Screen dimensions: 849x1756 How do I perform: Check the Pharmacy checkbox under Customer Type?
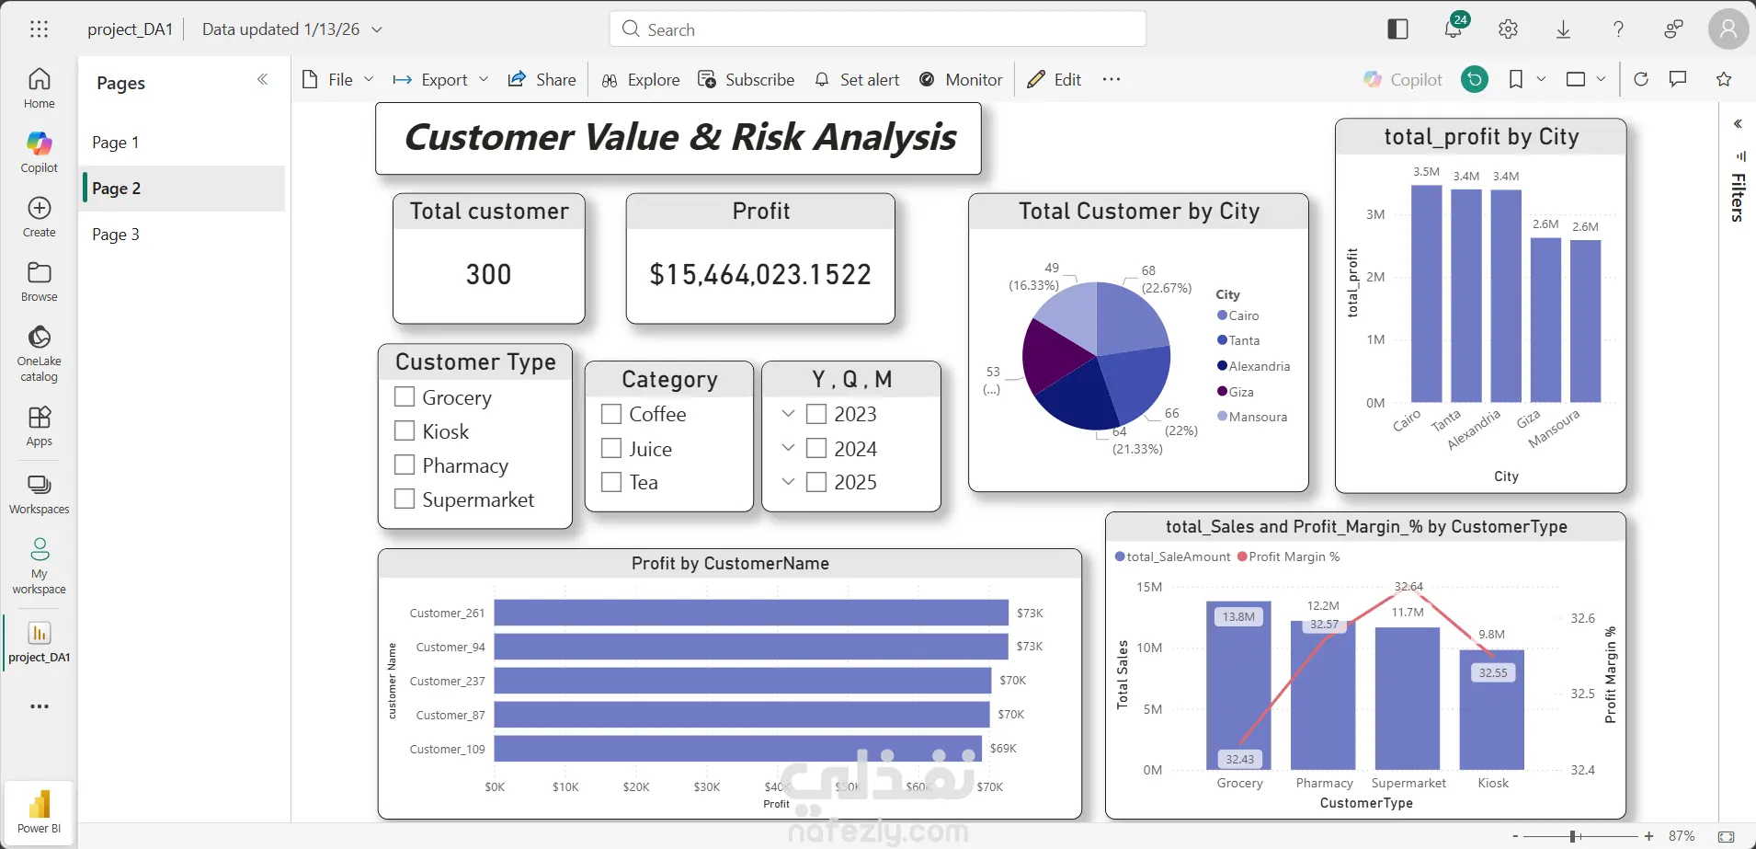coord(405,465)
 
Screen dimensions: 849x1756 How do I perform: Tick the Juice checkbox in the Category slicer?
coord(611,449)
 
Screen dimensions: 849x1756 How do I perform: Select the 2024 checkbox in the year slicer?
coord(816,449)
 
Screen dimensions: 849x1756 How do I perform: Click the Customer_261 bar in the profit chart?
coord(750,613)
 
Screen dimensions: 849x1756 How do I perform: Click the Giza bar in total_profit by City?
coord(1545,320)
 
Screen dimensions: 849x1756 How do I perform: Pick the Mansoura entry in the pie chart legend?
coord(1257,417)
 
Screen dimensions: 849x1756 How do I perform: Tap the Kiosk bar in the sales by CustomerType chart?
coord(1491,709)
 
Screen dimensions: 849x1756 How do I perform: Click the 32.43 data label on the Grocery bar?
coord(1239,759)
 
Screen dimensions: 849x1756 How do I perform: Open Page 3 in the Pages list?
coord(116,235)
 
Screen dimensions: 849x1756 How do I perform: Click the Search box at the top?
coord(877,29)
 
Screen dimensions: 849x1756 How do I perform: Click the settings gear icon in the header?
coord(1508,29)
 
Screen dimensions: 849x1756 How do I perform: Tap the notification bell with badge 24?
coord(1453,29)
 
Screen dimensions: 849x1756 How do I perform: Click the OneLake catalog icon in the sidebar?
coord(39,338)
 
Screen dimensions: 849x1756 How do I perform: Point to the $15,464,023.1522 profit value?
coord(759,274)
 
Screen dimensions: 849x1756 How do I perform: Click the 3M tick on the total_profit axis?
coord(1374,214)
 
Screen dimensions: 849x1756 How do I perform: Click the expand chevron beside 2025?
coord(788,481)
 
